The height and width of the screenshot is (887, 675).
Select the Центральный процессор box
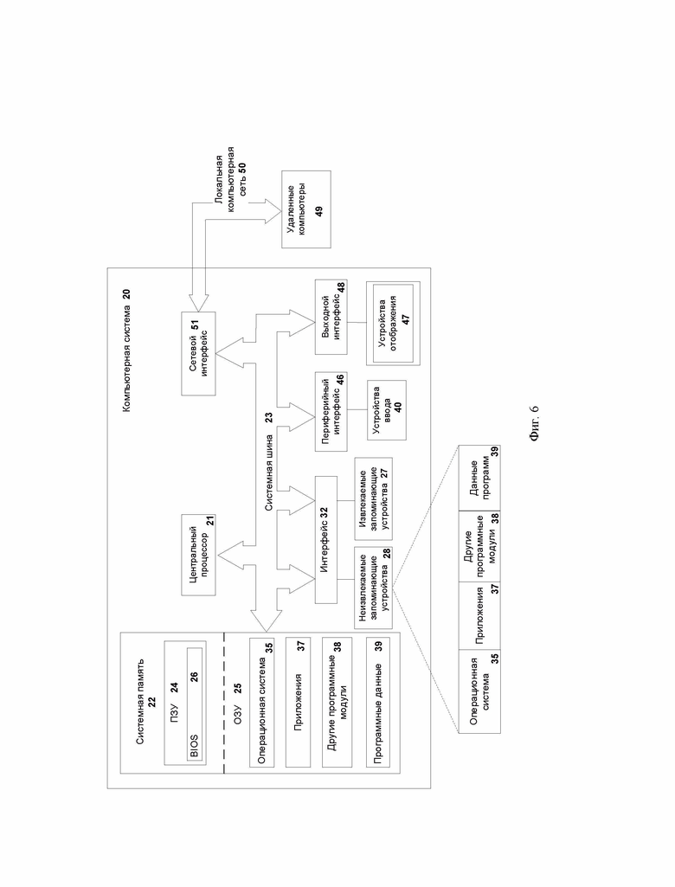click(x=198, y=555)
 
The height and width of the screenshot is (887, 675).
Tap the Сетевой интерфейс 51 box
click(x=198, y=353)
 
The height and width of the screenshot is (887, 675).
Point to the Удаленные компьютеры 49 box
click(x=306, y=209)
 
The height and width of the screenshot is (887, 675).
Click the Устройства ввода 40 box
click(x=387, y=410)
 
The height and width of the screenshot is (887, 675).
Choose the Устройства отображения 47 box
click(x=393, y=323)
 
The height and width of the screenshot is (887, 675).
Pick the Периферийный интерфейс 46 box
click(x=331, y=411)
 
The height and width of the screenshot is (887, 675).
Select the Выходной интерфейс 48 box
click(x=331, y=317)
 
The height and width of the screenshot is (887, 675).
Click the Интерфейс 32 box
click(x=325, y=540)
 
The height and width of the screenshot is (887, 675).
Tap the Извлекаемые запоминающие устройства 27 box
click(x=374, y=498)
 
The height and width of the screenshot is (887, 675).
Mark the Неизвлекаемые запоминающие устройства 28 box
click(x=374, y=588)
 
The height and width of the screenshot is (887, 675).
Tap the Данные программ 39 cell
click(x=479, y=478)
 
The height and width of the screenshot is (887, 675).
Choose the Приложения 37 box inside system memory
click(x=299, y=702)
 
